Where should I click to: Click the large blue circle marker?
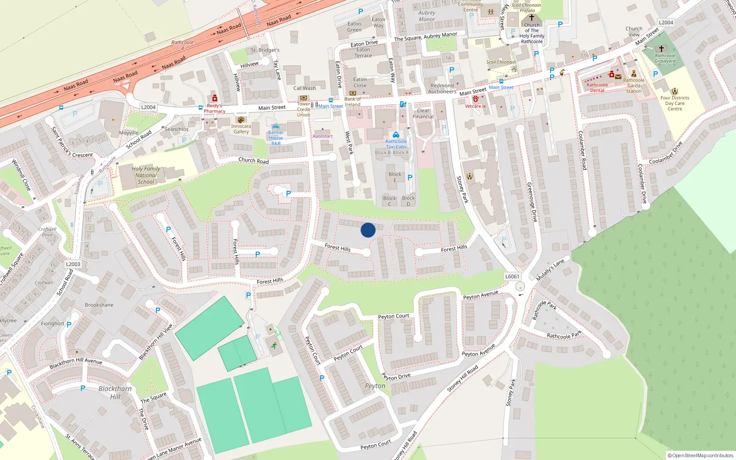pos(368,230)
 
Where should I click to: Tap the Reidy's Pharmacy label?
pos(214,109)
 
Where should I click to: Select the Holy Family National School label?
pos(146,175)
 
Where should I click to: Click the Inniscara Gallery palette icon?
pos(241,120)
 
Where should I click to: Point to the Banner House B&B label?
pos(276,138)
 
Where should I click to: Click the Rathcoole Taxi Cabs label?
pos(396,144)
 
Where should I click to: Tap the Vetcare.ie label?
pos(475,106)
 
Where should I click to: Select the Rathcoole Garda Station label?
pos(634,86)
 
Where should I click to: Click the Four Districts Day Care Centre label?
pos(675,103)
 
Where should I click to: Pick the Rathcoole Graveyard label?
pos(665,58)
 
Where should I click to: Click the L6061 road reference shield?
pos(512,276)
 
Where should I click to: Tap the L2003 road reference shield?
pos(73,264)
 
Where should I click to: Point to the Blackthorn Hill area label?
pos(115,392)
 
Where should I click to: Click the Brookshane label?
pos(99,305)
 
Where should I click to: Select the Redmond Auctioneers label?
pos(442,89)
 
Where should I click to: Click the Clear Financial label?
pos(423,114)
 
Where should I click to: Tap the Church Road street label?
pos(253,161)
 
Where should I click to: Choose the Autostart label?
pos(322,136)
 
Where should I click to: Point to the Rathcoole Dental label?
pos(597,87)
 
